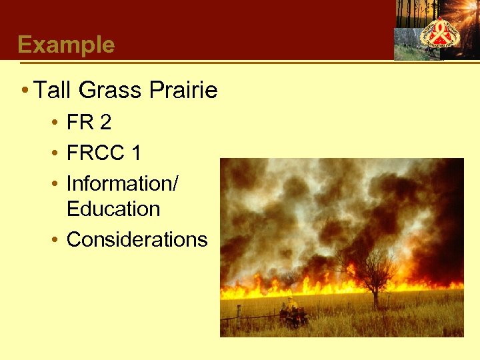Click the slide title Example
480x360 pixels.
coord(66,45)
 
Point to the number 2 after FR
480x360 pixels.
coord(105,123)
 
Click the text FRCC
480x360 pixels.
coord(96,153)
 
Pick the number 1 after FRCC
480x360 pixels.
coord(136,153)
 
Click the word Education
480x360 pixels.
coord(113,209)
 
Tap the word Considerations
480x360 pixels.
coord(137,239)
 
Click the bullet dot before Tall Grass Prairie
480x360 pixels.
coord(24,90)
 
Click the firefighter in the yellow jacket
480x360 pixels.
coord(291,307)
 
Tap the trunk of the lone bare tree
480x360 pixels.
coord(375,297)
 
